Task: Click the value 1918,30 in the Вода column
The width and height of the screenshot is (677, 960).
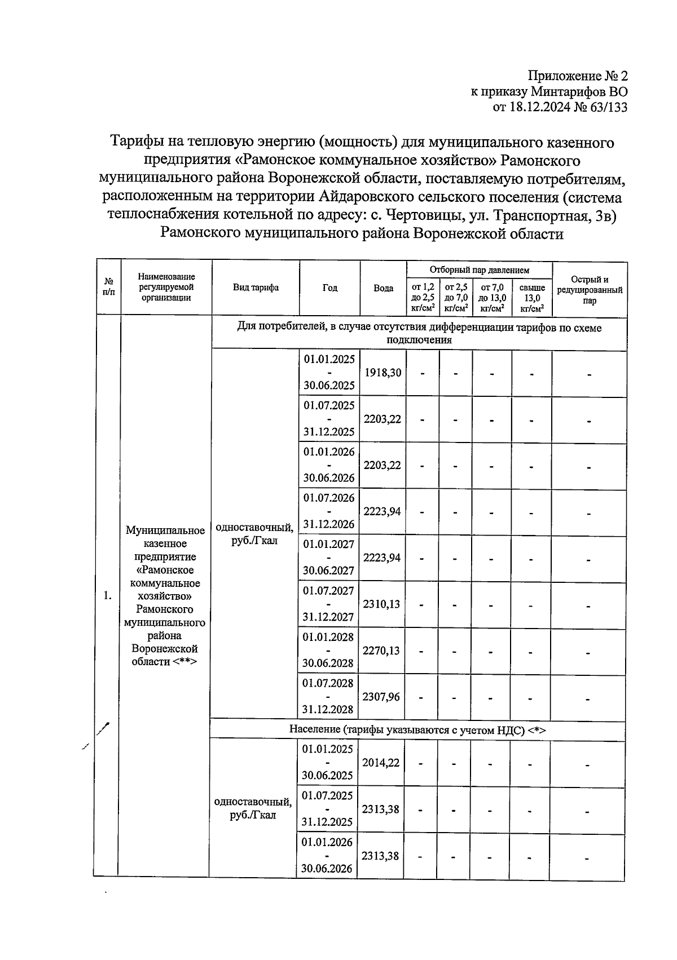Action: tap(383, 373)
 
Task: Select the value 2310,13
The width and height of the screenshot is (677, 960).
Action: tap(381, 604)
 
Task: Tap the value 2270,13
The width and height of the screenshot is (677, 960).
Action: tap(381, 650)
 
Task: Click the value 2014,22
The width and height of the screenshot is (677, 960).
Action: tap(381, 762)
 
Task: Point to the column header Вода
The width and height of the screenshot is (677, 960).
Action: tap(384, 288)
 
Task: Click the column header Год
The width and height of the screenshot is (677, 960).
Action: tap(330, 288)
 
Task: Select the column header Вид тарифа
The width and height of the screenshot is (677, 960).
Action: tap(256, 288)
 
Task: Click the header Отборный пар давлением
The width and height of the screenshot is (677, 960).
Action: tap(479, 271)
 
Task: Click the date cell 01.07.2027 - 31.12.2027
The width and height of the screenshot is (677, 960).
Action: tap(329, 604)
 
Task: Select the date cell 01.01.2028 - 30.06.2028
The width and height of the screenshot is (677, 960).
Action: tap(329, 650)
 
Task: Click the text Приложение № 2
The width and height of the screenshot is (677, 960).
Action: tap(577, 76)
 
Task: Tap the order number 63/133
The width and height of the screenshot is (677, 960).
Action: tap(608, 107)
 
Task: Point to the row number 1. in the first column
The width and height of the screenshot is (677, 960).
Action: tap(108, 596)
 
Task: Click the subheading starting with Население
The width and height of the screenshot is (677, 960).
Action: tap(417, 730)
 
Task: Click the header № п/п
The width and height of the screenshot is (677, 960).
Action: tap(109, 288)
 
